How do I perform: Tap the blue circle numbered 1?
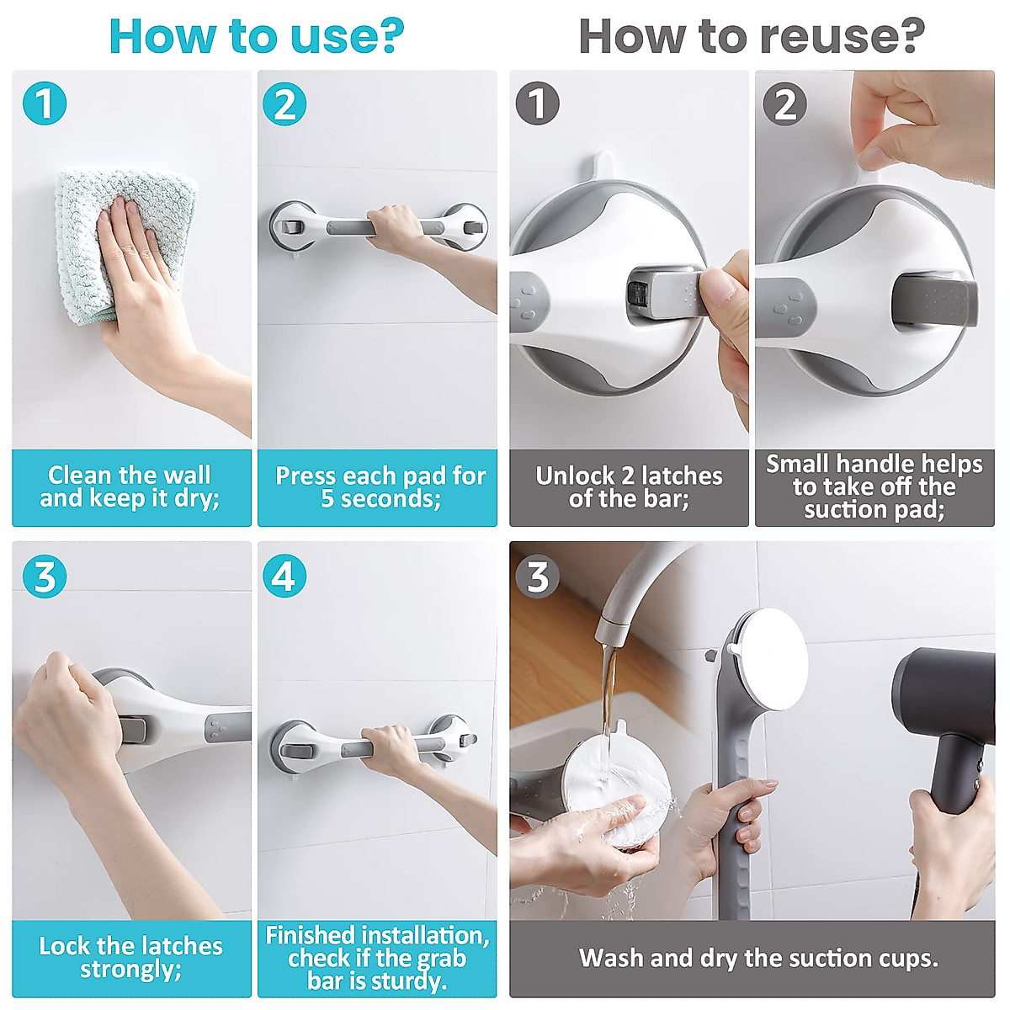(x=45, y=104)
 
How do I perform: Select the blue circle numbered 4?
(x=284, y=576)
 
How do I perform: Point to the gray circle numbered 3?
(x=538, y=577)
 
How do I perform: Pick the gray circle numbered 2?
(x=784, y=104)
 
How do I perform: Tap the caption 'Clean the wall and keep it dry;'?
(x=130, y=486)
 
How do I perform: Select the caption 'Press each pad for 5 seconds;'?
(x=380, y=487)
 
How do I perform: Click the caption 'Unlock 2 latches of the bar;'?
(x=629, y=487)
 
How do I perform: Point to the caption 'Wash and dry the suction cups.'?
(x=758, y=958)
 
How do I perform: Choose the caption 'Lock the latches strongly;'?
(x=130, y=958)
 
